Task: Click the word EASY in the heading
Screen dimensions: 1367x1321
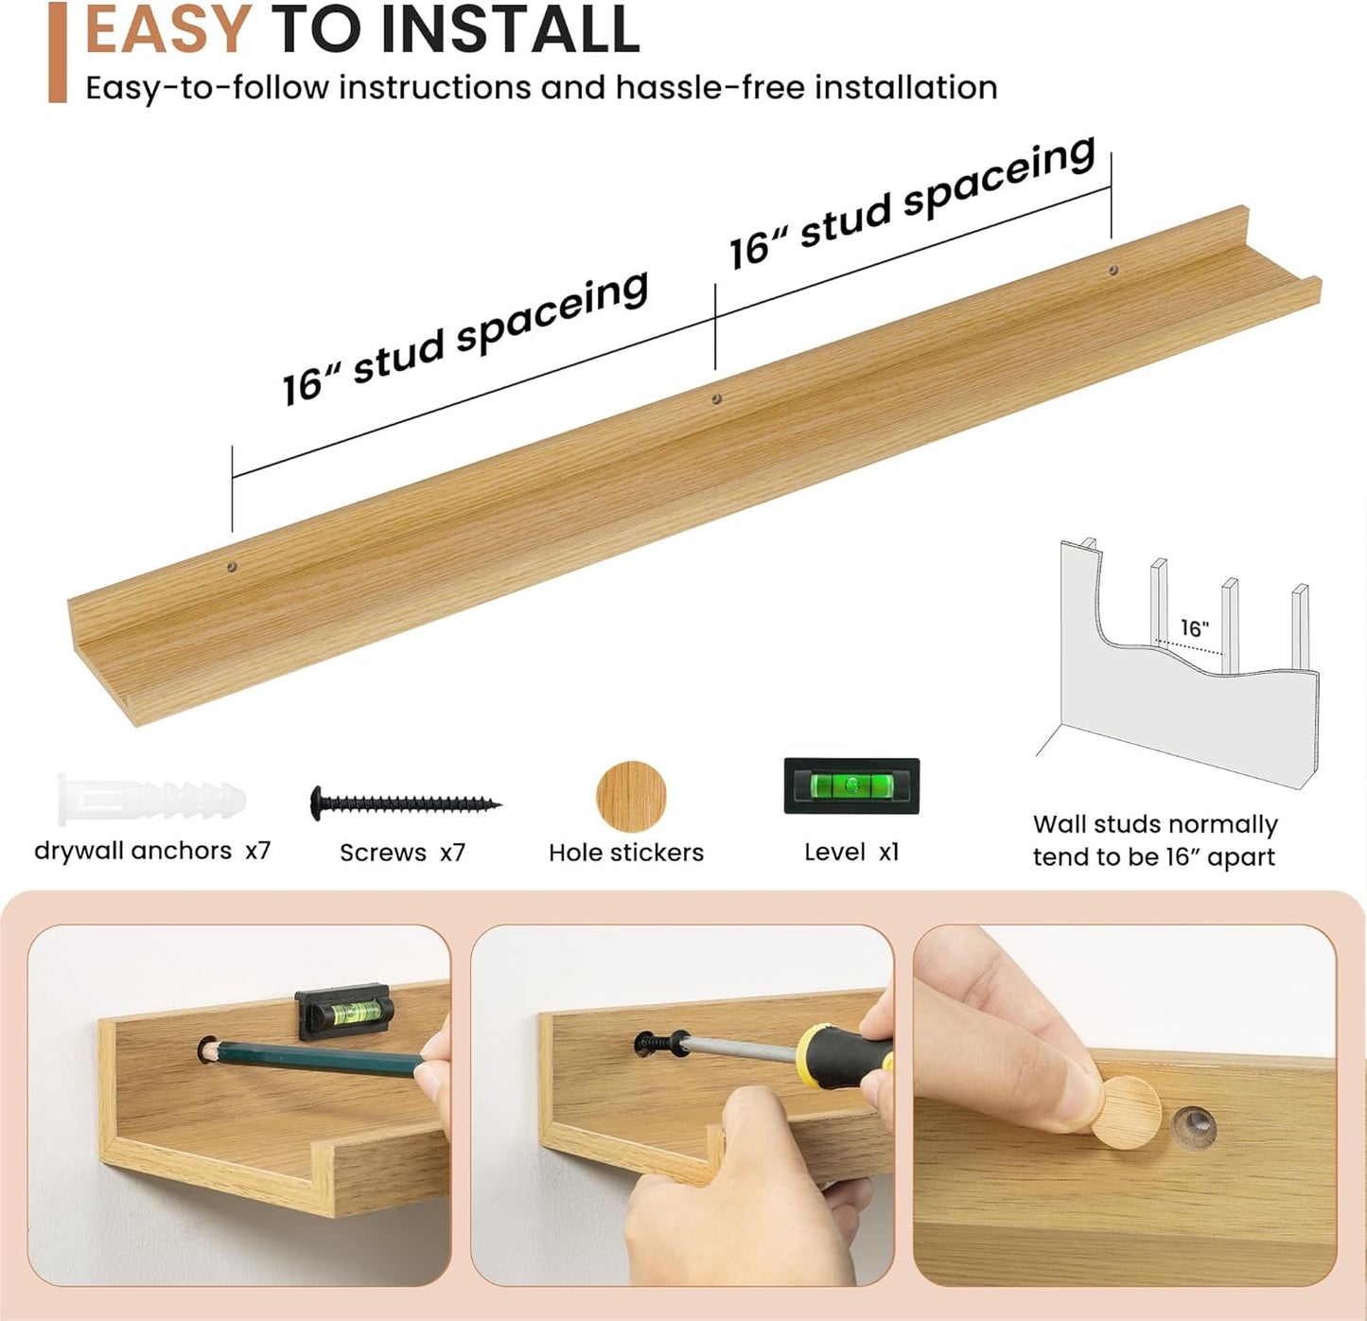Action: click(167, 28)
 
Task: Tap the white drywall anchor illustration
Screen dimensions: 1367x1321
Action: click(151, 800)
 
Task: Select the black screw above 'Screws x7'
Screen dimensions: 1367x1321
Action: click(405, 802)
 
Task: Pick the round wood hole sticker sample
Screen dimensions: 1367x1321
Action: click(631, 796)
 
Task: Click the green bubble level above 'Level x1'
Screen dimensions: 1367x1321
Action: click(851, 785)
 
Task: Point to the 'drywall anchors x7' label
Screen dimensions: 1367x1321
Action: click(152, 851)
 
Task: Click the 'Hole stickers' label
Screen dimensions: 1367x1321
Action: click(626, 853)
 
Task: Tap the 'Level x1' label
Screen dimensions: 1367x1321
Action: click(851, 853)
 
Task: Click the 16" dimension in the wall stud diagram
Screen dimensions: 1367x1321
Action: click(1194, 627)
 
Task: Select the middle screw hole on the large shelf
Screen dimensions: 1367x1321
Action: click(716, 399)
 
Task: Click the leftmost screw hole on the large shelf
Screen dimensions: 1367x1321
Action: click(232, 566)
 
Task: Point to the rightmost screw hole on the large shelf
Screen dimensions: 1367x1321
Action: click(1113, 270)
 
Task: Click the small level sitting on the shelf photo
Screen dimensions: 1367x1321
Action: click(343, 1012)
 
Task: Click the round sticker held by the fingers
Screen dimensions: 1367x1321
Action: click(1125, 1113)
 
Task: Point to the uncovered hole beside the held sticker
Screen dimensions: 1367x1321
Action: click(1195, 1127)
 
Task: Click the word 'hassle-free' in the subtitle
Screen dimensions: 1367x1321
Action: click(710, 89)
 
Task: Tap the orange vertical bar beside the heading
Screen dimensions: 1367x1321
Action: click(58, 52)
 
